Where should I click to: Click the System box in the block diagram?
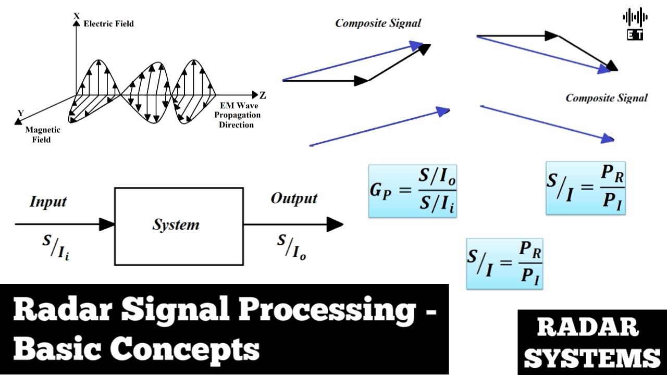click(179, 226)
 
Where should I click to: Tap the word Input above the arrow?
click(48, 202)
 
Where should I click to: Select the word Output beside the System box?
click(294, 198)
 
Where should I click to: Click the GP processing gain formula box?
click(413, 191)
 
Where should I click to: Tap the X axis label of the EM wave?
click(77, 16)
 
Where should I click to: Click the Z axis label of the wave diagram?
click(263, 95)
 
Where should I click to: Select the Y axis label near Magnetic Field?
click(21, 113)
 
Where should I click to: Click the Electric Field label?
click(108, 23)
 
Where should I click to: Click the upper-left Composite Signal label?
click(378, 23)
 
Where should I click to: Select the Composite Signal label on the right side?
click(607, 98)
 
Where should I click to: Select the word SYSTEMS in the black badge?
click(592, 358)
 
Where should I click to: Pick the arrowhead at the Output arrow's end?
click(335, 224)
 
